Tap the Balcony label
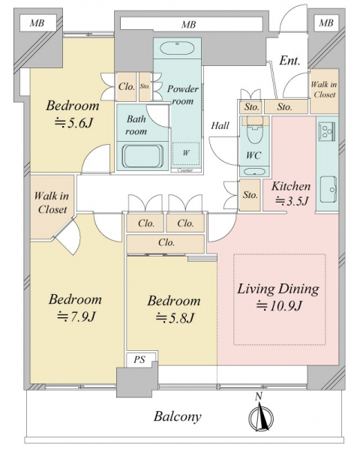coord(178,416)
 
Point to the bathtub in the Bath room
coord(142,156)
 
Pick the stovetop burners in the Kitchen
coord(327,130)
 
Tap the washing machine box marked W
coord(186,154)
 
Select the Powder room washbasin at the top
coord(177,48)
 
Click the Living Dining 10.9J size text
coord(279,307)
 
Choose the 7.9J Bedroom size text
coord(76,316)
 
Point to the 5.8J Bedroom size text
coord(175,318)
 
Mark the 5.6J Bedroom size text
coord(73,123)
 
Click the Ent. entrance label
coord(289,61)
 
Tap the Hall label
coord(220,125)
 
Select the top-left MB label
coord(37,22)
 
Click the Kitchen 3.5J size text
coord(292,201)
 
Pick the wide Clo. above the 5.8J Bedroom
coord(166,243)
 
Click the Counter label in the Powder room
coord(185,170)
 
